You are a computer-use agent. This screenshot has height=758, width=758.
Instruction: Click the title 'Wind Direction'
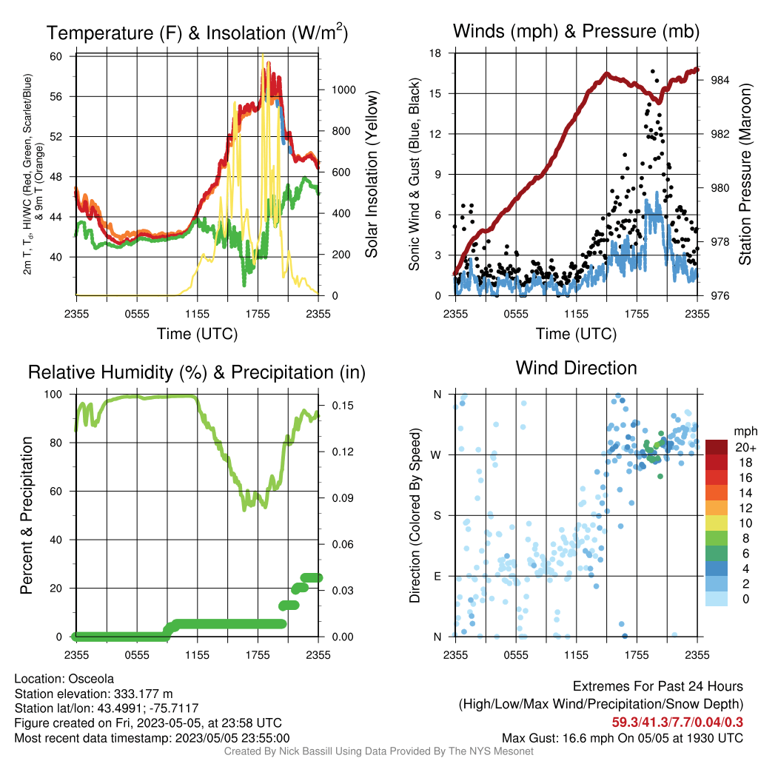point(576,369)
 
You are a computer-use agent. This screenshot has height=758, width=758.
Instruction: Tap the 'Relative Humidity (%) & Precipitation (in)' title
point(197,373)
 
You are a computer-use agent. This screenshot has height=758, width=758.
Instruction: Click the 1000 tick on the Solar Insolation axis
point(343,90)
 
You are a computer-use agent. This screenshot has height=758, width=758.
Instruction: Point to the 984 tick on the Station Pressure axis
point(720,80)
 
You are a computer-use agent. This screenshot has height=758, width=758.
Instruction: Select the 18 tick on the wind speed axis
point(435,53)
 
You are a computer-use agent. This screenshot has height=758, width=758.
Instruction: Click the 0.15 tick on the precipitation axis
point(343,406)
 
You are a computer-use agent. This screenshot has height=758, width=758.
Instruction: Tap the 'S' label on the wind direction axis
point(437,516)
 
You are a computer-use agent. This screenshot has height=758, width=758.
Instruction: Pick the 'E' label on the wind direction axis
point(437,576)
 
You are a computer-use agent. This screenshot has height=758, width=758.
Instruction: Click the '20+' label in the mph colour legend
point(745,448)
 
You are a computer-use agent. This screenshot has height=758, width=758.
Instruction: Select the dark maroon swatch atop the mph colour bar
point(717,447)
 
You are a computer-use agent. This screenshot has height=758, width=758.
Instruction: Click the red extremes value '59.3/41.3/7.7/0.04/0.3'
point(677,722)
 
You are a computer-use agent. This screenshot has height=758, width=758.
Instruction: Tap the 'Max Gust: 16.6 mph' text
point(554,738)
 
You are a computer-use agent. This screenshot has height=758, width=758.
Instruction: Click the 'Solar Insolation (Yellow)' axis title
point(372,174)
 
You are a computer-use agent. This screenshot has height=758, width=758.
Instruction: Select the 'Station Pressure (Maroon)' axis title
point(745,174)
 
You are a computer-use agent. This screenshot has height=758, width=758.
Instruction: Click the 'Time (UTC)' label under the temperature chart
point(197,334)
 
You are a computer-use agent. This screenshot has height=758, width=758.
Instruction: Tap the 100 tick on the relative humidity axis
point(53,395)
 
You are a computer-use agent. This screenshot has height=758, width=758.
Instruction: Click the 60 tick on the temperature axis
point(56,56)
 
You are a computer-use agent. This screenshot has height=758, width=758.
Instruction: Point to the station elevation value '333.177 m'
point(144,694)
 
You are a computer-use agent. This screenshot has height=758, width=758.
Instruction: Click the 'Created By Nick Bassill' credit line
point(378,751)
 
